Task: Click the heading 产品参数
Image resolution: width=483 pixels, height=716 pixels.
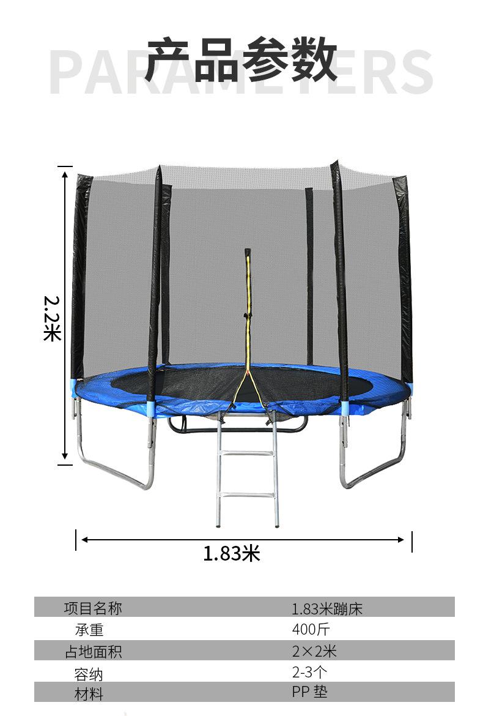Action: pos(242,59)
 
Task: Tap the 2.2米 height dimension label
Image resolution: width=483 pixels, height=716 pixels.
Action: pos(53,318)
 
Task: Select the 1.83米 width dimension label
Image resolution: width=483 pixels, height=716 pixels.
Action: pos(232,553)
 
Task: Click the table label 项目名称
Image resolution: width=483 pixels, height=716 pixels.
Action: pos(93,608)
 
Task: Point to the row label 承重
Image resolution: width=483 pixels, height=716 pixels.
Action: pos(89,630)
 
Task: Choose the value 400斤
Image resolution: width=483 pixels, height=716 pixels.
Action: pos(311,629)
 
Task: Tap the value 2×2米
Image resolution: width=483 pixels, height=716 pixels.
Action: pos(314,651)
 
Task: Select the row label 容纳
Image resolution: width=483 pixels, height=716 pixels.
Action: pos(89,674)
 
